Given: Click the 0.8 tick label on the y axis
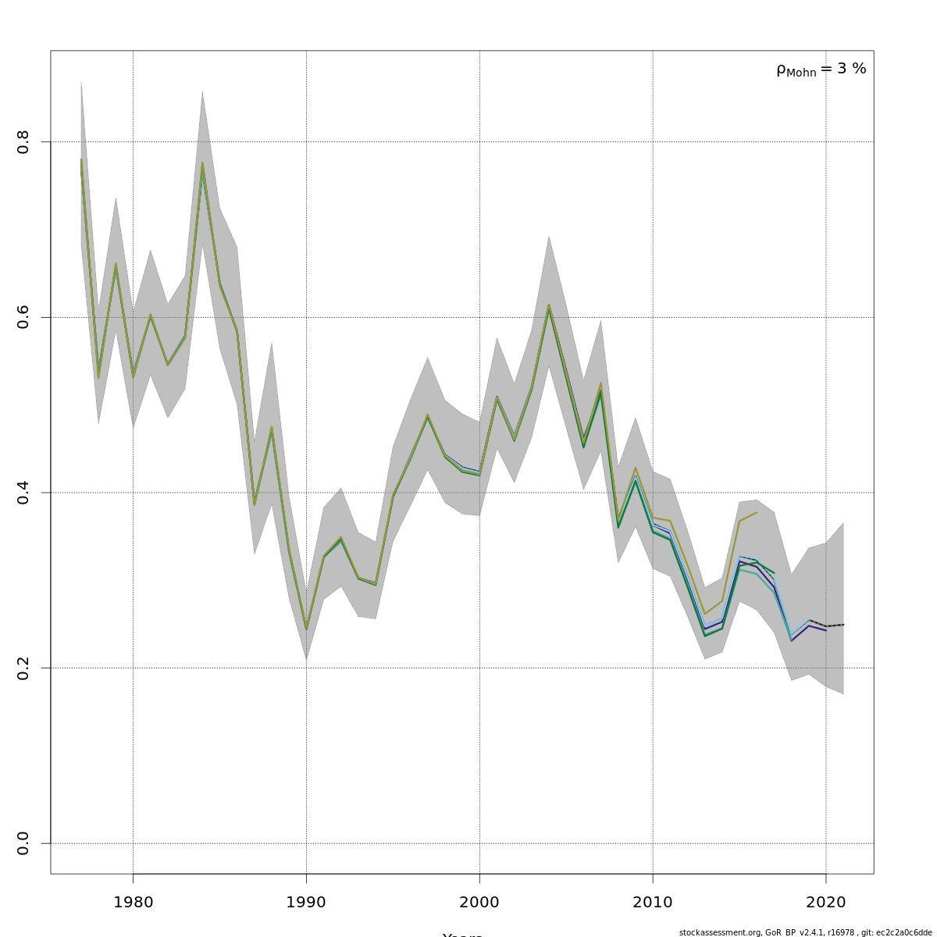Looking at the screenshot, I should [x=23, y=142].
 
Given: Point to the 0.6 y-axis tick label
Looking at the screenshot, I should [x=23, y=317].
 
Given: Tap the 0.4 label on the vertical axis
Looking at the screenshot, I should [x=23, y=493].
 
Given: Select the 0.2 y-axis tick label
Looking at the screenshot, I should [x=23, y=668].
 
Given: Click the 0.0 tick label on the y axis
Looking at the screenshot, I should [x=23, y=843].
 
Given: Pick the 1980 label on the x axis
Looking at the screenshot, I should [x=133, y=903].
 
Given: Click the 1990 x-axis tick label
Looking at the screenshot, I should [x=306, y=903].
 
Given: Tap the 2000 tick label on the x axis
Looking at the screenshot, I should [x=479, y=903].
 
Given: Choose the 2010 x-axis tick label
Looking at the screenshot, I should [x=653, y=903].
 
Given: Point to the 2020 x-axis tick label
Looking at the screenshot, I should [x=826, y=903].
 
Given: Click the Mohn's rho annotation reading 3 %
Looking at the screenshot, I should [x=821, y=69].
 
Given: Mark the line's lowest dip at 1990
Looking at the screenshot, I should [x=306, y=629].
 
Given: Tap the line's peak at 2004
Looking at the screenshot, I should [x=549, y=306].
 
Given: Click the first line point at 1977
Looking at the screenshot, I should [x=81, y=160].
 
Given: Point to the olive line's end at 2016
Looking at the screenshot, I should [x=757, y=512].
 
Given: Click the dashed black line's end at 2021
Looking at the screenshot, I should [x=843, y=625].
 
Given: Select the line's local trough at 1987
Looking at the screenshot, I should [x=255, y=504].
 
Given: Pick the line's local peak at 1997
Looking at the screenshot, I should [x=428, y=415].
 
